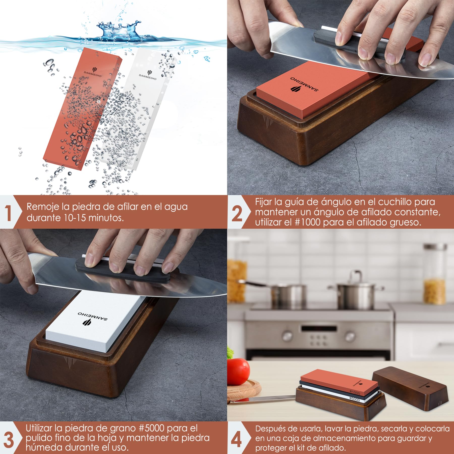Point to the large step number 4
[x=236, y=440]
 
